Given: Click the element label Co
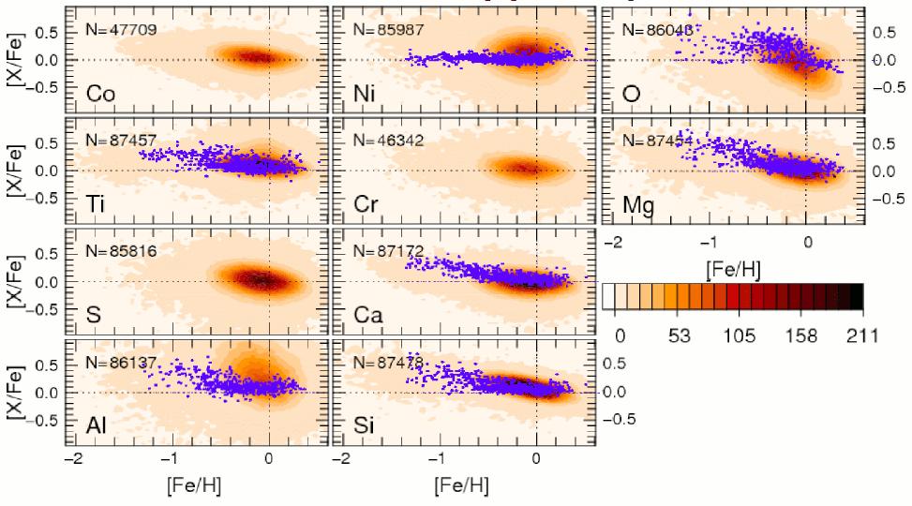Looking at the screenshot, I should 101,93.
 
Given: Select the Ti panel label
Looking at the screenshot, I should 97,203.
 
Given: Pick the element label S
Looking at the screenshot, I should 93,314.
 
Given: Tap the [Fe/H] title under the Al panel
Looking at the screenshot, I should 195,487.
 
